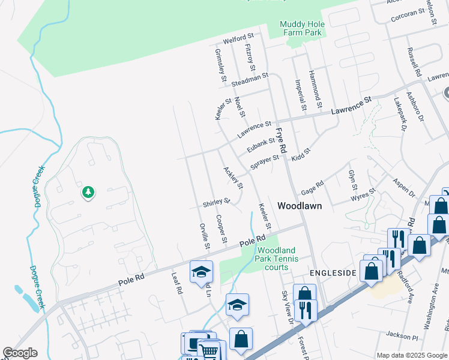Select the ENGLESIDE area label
click(334, 272)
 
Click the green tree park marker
click(88, 192)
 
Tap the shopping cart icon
click(208, 350)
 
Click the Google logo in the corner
click(20, 353)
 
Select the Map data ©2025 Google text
click(412, 355)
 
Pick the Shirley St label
click(217, 202)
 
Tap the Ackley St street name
click(233, 178)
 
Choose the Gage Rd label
click(312, 185)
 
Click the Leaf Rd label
click(176, 281)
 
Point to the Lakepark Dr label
click(401, 115)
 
